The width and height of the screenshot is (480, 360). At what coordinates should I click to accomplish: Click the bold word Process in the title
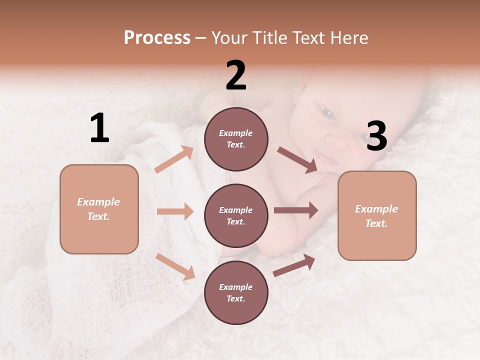click(x=157, y=38)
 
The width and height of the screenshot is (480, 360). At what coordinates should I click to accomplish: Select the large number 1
click(x=99, y=128)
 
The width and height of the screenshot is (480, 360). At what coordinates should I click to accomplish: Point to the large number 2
click(x=236, y=75)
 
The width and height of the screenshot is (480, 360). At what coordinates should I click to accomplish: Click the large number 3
click(x=376, y=136)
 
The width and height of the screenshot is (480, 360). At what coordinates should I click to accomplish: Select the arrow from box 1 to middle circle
click(x=175, y=211)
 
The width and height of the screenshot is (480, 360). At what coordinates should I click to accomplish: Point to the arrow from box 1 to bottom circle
click(x=175, y=266)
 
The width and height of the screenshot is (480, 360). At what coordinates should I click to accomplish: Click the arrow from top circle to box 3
click(x=297, y=159)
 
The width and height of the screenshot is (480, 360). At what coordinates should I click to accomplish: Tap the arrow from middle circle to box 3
click(x=296, y=210)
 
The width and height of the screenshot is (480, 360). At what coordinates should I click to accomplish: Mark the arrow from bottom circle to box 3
click(x=294, y=265)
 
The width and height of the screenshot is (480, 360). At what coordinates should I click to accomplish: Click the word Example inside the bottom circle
click(x=236, y=287)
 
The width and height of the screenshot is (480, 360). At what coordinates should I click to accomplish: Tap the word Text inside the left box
click(x=98, y=216)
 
